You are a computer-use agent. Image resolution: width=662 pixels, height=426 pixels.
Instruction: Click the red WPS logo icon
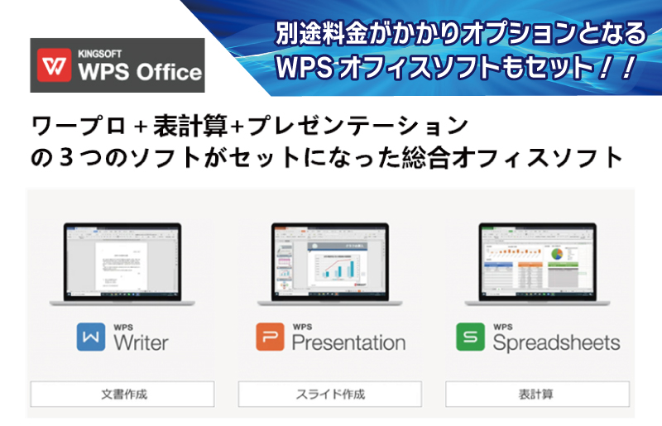tap(55, 65)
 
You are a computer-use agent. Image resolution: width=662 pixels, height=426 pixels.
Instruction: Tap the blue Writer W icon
tap(91, 337)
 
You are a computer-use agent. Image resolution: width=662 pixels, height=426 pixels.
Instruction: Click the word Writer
tap(142, 341)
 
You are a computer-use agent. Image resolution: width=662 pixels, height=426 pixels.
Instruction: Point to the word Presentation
tap(348, 342)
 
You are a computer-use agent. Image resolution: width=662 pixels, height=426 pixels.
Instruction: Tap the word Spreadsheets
tap(556, 342)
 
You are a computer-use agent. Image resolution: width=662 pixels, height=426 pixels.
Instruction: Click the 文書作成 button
tap(122, 394)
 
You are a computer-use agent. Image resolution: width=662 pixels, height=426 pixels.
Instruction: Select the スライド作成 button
tap(330, 394)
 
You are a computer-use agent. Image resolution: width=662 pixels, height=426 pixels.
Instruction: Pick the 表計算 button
tap(537, 394)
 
